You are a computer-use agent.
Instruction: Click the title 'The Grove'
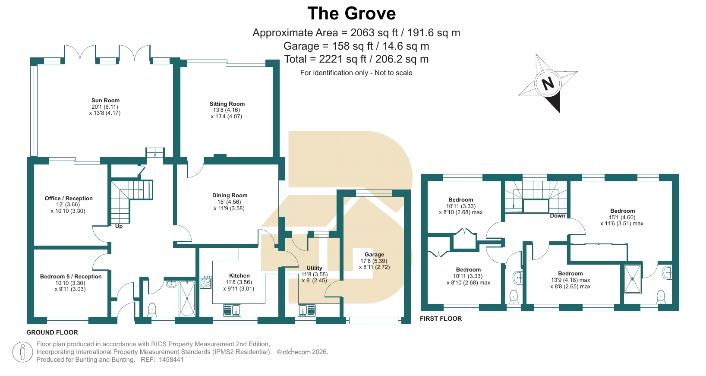tap(351, 13)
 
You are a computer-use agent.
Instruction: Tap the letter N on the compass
tap(548, 83)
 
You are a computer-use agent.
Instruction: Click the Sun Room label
tap(105, 100)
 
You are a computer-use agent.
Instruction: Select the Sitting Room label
tap(227, 104)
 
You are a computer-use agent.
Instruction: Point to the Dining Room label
tap(230, 196)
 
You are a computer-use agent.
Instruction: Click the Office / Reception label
tap(68, 198)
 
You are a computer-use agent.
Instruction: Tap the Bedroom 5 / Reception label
tap(71, 276)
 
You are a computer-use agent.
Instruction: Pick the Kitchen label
tap(239, 276)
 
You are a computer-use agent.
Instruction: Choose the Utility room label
tap(314, 268)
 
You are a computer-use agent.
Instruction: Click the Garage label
tap(374, 254)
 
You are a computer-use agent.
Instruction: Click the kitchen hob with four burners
tap(205, 282)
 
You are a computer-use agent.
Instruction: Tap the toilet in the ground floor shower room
tap(152, 310)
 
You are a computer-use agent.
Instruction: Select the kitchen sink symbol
tap(232, 310)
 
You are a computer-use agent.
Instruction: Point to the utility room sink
tap(307, 310)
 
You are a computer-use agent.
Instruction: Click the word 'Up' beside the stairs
tap(119, 226)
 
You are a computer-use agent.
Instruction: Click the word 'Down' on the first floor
tap(558, 216)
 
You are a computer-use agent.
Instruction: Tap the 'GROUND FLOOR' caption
tap(52, 332)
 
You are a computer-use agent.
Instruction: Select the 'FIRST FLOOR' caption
tap(441, 319)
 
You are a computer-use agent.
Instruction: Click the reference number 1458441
tap(171, 359)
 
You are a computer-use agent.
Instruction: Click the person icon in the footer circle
tap(22, 352)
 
